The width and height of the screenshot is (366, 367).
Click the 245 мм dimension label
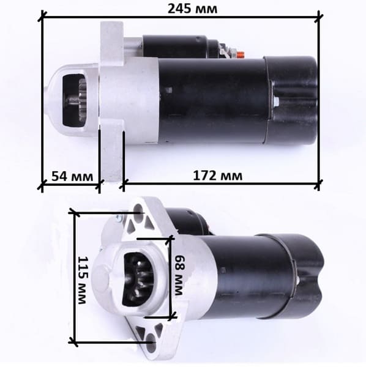[192, 9]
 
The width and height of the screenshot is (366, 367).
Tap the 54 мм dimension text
[72, 176]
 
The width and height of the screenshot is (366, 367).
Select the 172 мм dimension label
[217, 176]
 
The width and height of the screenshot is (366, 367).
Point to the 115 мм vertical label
[83, 280]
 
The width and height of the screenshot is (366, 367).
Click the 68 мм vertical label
[179, 275]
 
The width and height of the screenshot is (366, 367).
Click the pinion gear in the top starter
[81, 100]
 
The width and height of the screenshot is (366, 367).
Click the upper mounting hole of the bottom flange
[138, 209]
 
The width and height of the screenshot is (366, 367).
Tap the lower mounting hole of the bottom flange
[151, 340]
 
